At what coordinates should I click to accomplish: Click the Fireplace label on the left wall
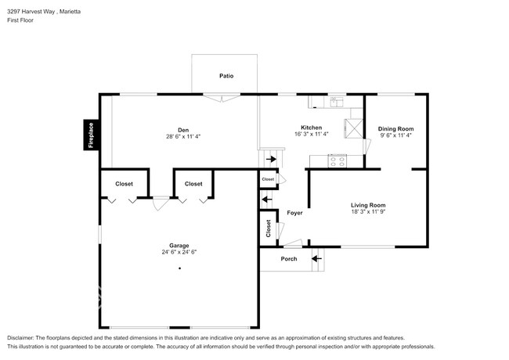tap(91, 135)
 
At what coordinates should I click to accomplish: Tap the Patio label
tap(226, 76)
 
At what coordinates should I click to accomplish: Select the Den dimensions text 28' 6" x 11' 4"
tap(183, 136)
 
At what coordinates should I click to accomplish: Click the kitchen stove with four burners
tap(338, 161)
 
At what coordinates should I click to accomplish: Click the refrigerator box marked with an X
tap(355, 128)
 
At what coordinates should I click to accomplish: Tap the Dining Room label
tap(395, 128)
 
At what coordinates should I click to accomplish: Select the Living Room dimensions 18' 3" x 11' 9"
tap(367, 211)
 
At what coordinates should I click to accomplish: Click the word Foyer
tap(294, 213)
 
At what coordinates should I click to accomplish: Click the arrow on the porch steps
tap(317, 258)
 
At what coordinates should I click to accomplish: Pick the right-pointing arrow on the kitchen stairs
tap(271, 160)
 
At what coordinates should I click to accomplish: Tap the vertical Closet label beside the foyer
tap(268, 228)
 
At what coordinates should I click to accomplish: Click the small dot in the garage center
tap(179, 268)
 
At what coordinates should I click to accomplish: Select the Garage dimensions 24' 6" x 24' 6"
tap(179, 252)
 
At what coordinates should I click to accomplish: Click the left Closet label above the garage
tap(124, 184)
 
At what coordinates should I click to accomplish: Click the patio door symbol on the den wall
tap(222, 98)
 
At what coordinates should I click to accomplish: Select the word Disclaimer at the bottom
tap(21, 337)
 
